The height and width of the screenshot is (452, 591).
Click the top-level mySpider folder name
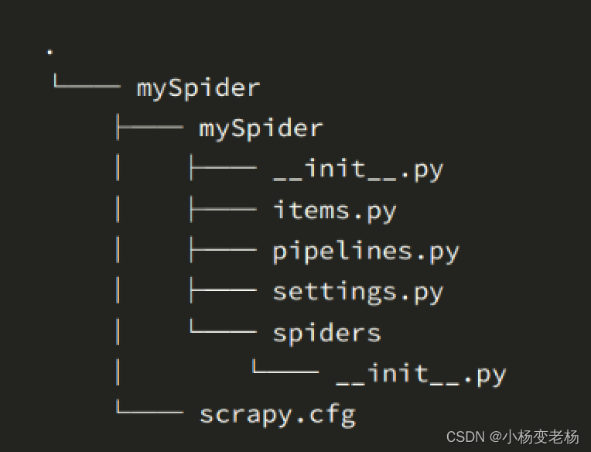pos(198,87)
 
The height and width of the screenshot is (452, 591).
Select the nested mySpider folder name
pos(261,128)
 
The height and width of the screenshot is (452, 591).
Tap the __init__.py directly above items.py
pos(358,169)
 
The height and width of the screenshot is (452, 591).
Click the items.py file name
pos(335,211)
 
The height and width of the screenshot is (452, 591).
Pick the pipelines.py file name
pos(366,252)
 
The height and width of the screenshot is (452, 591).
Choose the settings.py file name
pos(358,292)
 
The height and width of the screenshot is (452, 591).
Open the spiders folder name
pos(326,334)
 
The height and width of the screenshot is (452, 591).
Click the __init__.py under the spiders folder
pos(421,375)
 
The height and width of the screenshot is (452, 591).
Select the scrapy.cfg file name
pos(277,415)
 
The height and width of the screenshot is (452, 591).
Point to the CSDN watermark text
pos(466,437)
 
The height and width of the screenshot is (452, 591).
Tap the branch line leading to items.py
pos(223,210)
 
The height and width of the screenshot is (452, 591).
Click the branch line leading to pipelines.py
pos(223,251)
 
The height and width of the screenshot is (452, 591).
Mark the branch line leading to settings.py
pos(223,292)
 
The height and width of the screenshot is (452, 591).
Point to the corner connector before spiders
pos(223,330)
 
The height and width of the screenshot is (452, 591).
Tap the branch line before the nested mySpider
pos(149,128)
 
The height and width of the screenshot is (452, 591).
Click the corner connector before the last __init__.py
pos(285,372)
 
